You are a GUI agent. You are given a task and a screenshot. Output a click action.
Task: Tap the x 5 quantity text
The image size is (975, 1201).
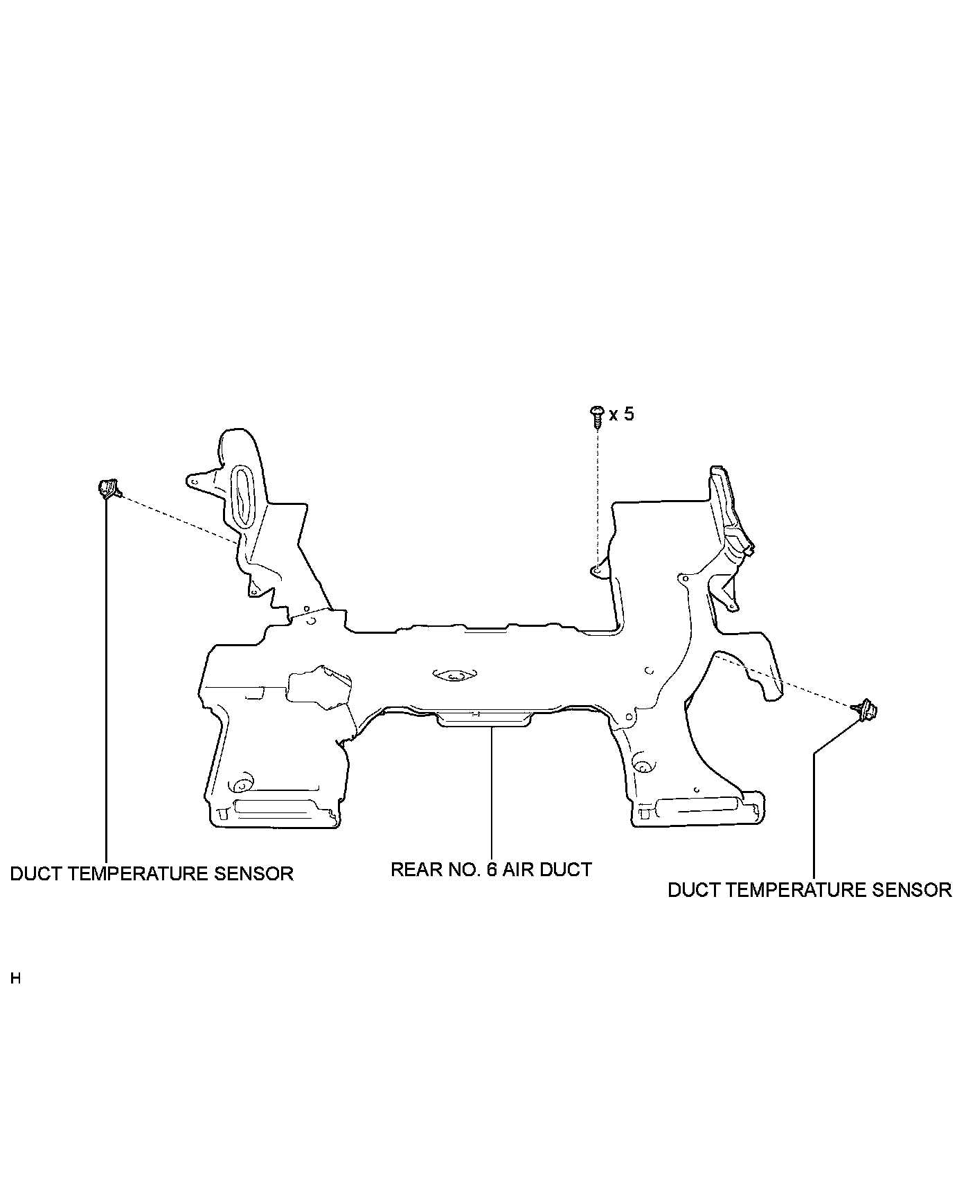[621, 414]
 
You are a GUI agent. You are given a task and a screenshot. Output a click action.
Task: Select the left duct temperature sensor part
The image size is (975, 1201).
[108, 488]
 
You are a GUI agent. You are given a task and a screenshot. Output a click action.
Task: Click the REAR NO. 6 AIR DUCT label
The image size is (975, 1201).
[491, 869]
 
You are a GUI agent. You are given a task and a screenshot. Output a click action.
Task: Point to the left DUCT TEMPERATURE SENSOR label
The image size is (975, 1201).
[152, 873]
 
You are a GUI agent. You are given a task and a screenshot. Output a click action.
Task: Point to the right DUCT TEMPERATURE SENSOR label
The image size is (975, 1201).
[809, 890]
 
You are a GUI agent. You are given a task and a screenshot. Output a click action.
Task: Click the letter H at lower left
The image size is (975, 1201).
[16, 979]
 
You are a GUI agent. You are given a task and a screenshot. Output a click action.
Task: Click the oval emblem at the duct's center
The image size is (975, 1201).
[453, 675]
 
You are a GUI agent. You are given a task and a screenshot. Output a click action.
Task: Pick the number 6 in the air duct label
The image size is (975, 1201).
[491, 869]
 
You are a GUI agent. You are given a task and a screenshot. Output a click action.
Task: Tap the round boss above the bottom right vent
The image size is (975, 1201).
[642, 766]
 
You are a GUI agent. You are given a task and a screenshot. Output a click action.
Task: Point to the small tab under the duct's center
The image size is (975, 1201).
[483, 720]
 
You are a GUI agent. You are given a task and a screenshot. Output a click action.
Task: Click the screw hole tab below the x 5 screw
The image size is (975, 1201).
[597, 569]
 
